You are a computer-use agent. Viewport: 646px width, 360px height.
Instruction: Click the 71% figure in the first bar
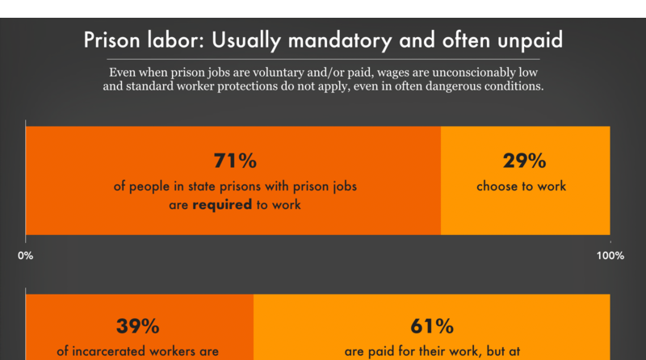pos(234,160)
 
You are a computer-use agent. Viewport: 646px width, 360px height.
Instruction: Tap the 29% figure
pos(525,160)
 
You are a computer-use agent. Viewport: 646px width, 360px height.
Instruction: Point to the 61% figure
pos(431,326)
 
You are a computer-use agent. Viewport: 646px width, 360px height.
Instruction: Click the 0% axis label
pos(25,256)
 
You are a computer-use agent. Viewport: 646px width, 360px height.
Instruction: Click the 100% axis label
pos(610,256)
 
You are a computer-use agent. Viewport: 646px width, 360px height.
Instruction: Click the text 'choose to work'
pos(521,186)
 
